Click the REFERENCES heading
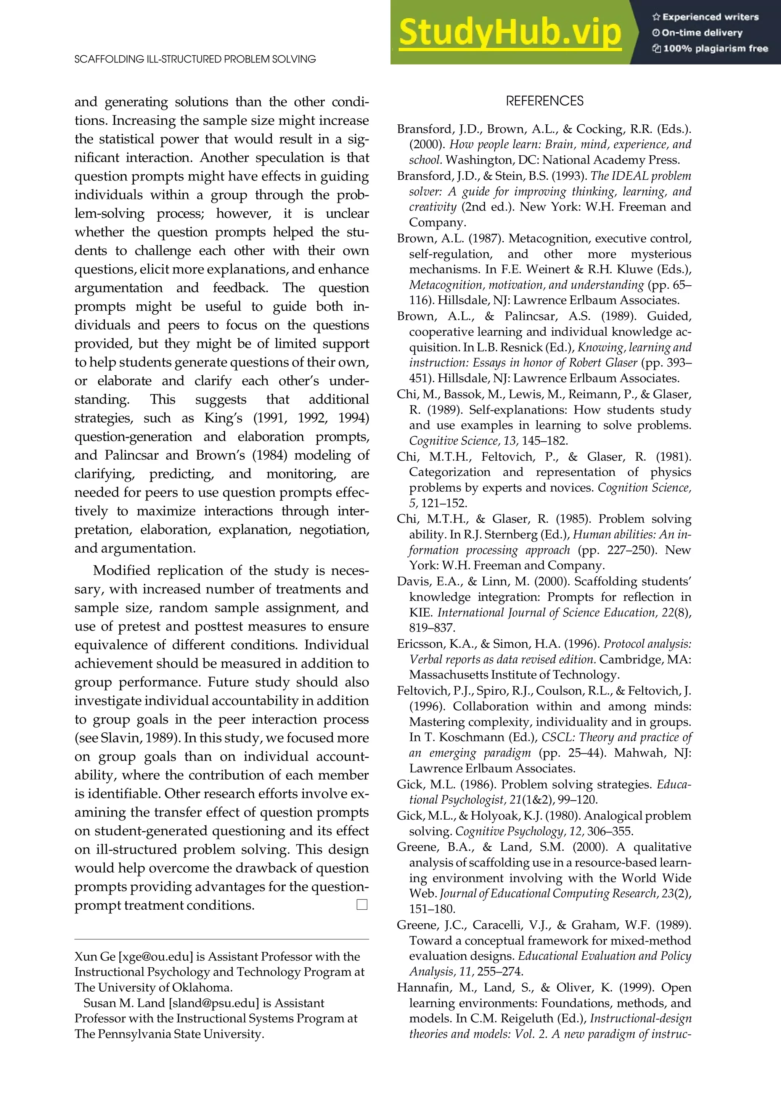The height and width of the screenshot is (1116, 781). [544, 101]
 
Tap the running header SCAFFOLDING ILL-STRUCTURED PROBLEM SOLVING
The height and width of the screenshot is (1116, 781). [195, 59]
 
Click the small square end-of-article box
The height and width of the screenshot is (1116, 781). [362, 905]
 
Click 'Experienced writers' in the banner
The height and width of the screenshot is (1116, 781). [710, 17]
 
